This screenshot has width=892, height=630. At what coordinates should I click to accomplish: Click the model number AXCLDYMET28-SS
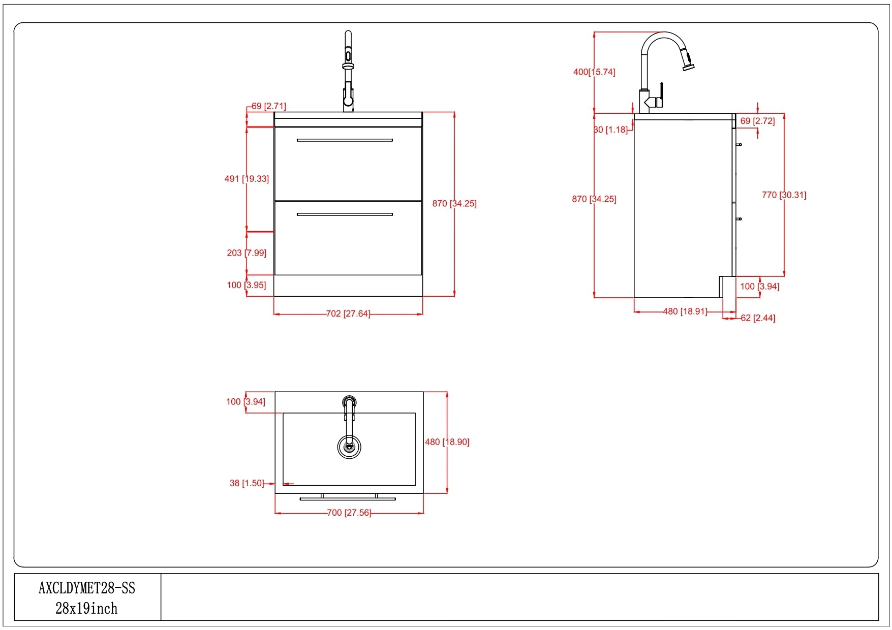coord(87,588)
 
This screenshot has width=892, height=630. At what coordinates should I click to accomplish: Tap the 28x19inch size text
coord(86,609)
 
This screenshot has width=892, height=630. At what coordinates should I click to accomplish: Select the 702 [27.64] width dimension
coord(348,314)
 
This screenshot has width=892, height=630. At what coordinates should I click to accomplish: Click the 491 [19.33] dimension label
coord(247,179)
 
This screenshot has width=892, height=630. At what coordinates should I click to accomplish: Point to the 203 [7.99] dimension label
coord(247,253)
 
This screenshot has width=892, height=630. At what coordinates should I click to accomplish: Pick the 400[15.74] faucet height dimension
coord(594,72)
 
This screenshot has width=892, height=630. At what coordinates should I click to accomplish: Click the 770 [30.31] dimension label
coord(784,195)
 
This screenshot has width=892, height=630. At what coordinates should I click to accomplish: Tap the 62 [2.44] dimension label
coord(758,318)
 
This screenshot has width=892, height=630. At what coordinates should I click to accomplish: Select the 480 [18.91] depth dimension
coord(685,311)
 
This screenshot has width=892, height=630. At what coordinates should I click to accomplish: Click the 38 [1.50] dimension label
coord(247,483)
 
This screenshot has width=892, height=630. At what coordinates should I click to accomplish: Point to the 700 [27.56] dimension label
coord(349,513)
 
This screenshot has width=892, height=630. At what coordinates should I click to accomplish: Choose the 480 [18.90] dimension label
coord(447,442)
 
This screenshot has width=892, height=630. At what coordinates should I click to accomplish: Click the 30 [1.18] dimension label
coord(611,130)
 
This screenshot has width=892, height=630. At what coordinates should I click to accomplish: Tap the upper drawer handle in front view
coord(345,140)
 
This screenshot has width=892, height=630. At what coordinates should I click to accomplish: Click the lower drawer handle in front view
coord(345,214)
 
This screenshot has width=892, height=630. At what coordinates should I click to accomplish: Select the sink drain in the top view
coord(349,447)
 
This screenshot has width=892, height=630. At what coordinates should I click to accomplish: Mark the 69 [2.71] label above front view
coord(269,106)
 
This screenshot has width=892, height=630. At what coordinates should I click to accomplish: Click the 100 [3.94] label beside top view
coord(245,402)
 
